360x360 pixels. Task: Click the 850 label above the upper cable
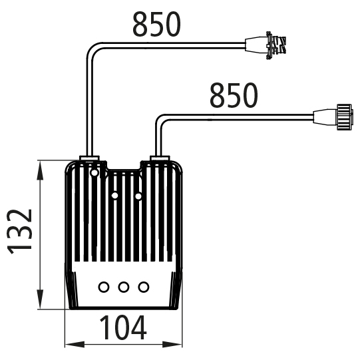pos(156,25)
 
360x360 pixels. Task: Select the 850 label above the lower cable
pos(234,95)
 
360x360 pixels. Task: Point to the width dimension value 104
pos(123,327)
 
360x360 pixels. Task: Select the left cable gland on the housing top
pos(89,158)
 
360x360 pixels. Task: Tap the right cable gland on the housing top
pos(160,158)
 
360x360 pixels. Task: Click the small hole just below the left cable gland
pos(94,172)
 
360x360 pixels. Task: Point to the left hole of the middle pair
pos(115,196)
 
